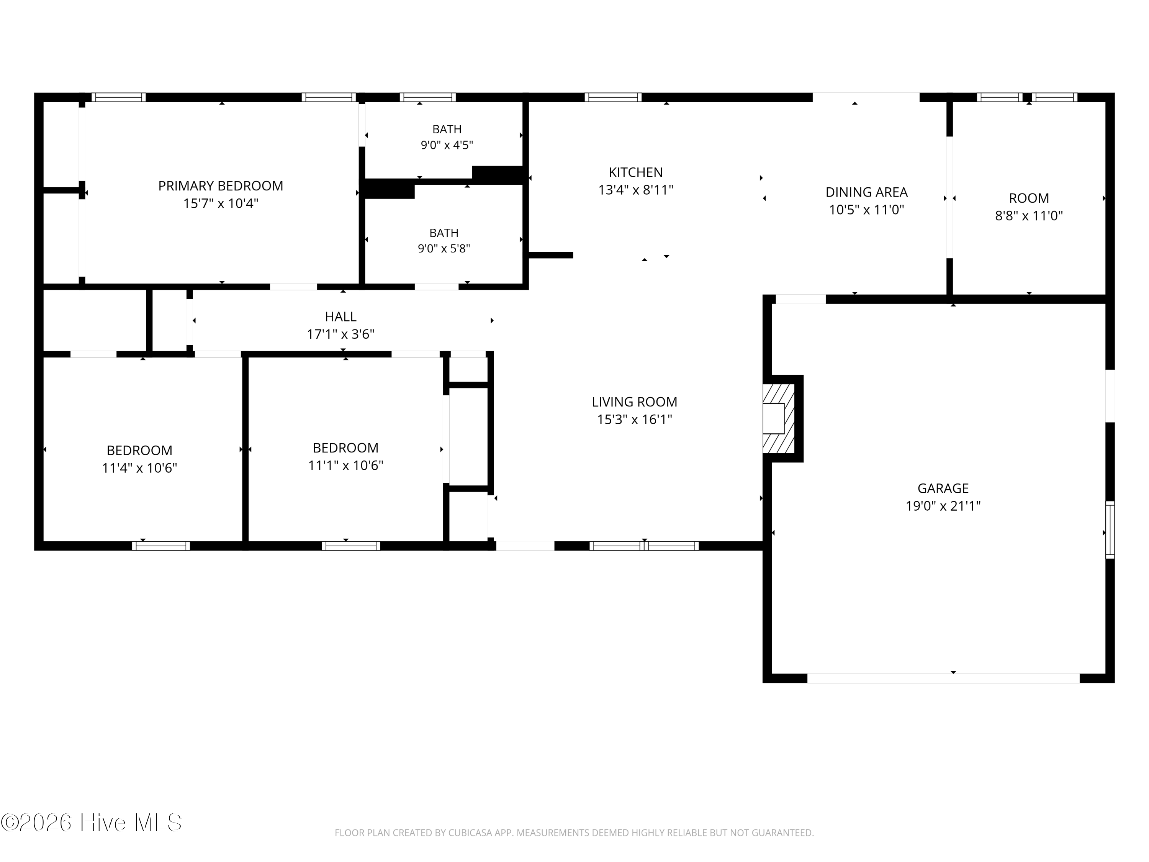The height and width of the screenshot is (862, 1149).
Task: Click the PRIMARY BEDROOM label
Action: pyautogui.click(x=221, y=186)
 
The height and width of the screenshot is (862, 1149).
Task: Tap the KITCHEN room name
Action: pyautogui.click(x=636, y=172)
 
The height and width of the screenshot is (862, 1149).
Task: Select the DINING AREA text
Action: pyautogui.click(x=866, y=192)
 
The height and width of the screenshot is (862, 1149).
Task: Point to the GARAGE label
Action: pyautogui.click(x=943, y=488)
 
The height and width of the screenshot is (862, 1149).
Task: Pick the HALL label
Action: pyautogui.click(x=341, y=316)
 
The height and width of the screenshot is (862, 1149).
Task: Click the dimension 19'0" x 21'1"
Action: pyautogui.click(x=943, y=506)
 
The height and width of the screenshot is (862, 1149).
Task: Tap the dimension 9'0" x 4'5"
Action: pyautogui.click(x=447, y=145)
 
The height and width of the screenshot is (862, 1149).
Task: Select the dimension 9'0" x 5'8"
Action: pyautogui.click(x=444, y=249)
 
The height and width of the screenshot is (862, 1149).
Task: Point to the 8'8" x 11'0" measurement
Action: pyautogui.click(x=1029, y=216)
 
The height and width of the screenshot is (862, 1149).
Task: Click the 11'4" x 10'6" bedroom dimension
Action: pyautogui.click(x=140, y=468)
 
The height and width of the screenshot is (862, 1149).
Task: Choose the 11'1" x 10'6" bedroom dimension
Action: pyautogui.click(x=346, y=465)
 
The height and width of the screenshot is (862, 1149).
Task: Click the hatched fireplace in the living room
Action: pyautogui.click(x=779, y=418)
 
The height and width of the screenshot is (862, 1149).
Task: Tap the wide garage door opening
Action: pyautogui.click(x=943, y=678)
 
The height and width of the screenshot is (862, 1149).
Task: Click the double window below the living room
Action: pyautogui.click(x=644, y=546)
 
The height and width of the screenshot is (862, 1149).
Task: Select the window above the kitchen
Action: pyautogui.click(x=613, y=97)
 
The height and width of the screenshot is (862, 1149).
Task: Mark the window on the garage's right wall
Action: pyautogui.click(x=1110, y=529)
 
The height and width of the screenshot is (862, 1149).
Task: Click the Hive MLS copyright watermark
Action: pyautogui.click(x=92, y=823)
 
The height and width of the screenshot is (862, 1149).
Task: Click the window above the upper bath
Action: pyautogui.click(x=427, y=97)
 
